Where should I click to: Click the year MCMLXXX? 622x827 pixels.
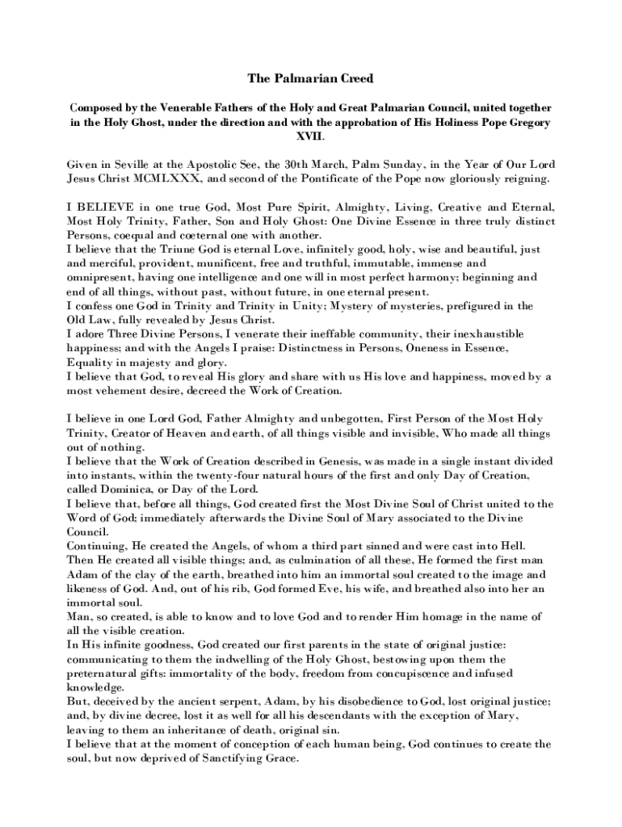(179, 178)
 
